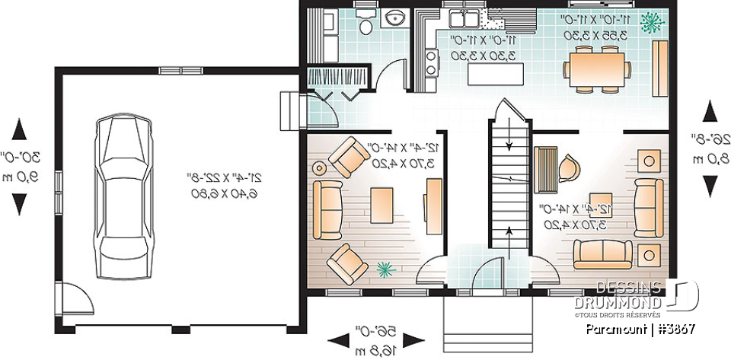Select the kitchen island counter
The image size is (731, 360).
click(496, 75)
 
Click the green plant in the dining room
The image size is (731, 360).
click(650, 23)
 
